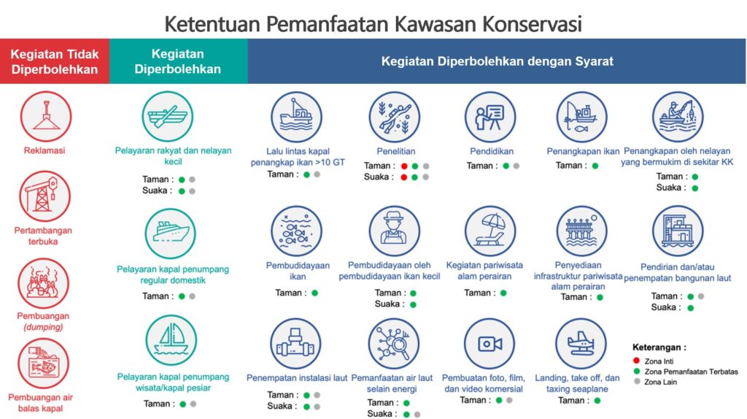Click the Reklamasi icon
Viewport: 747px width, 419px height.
coord(46,116)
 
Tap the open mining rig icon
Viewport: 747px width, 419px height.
coord(44,196)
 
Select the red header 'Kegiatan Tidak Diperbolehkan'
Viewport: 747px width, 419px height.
coord(55,61)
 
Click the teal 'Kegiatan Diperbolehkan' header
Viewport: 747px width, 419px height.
coord(178,61)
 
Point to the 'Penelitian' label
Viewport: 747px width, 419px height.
coord(396,152)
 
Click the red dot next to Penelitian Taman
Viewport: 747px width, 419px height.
coord(404,166)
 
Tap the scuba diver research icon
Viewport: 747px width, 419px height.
coord(395,118)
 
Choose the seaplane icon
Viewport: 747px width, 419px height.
coord(581,344)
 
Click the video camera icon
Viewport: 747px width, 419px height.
coord(489,344)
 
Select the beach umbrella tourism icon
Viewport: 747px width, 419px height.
coord(490,231)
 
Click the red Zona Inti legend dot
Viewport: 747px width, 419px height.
coord(636,361)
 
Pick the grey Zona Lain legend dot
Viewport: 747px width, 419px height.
coord(636,381)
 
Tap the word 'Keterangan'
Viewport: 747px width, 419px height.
coord(657,347)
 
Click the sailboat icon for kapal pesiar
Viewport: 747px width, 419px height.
coord(171,340)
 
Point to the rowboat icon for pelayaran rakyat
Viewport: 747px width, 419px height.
coord(168,117)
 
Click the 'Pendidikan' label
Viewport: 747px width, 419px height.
coord(492,152)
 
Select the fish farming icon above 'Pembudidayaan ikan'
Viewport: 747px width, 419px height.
coord(297,231)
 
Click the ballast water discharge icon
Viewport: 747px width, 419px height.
coord(43,364)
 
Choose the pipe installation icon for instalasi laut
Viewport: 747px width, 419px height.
coord(296,344)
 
